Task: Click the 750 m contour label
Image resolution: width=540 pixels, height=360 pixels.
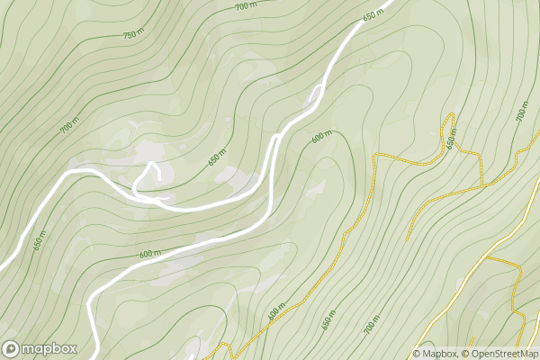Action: tap(133, 33)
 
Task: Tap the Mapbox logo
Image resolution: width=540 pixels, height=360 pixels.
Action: tap(40, 348)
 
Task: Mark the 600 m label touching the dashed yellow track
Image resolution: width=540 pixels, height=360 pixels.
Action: tap(275, 311)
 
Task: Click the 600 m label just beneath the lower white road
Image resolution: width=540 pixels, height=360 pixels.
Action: tap(150, 254)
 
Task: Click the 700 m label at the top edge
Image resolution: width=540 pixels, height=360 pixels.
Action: tap(245, 6)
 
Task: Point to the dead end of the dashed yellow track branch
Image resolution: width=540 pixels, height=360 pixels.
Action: tap(408, 238)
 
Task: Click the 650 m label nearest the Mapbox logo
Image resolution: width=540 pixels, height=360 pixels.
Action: tap(40, 243)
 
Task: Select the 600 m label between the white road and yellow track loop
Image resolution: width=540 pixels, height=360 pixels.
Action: tap(321, 138)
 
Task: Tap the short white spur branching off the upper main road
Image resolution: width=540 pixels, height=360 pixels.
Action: tap(315, 94)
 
